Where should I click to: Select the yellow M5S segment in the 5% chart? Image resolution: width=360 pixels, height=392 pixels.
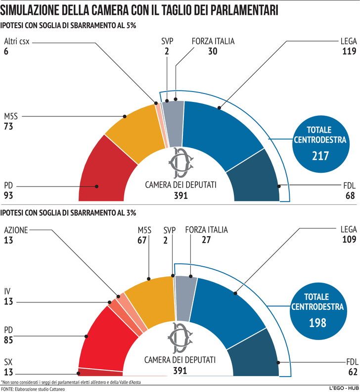[x=134, y=129]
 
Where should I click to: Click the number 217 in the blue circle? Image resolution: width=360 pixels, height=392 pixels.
[x=320, y=156]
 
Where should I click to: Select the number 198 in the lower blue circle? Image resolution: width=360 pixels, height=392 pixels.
[x=318, y=323]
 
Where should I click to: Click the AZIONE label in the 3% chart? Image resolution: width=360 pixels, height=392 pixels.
[x=16, y=230]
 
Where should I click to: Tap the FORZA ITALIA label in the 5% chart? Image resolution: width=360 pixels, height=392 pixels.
[x=213, y=41]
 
